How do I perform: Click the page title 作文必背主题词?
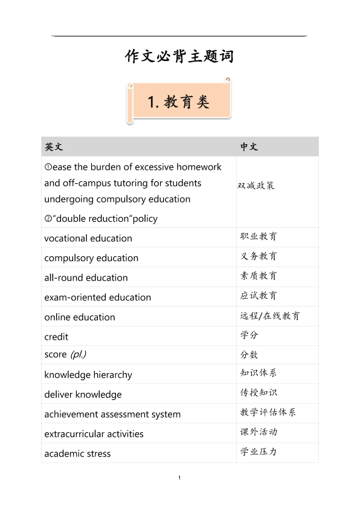coord(179,57)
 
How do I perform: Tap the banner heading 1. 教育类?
coord(179,102)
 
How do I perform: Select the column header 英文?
coord(53,147)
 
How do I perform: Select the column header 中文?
coord(249,147)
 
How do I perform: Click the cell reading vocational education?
coord(88,238)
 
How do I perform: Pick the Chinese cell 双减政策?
coord(256,186)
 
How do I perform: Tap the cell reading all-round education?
coord(86,277)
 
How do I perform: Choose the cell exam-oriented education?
coord(98,297)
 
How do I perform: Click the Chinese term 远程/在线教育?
coord(269,316)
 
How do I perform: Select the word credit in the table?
coord(56,337)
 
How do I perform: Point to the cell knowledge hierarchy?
coord(88,375)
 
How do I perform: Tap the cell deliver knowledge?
coord(83,395)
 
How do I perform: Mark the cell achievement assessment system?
coord(112,414)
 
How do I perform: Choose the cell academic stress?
coord(77,453)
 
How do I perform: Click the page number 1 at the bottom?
coord(180,478)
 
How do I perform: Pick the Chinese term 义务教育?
coord(259,256)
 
